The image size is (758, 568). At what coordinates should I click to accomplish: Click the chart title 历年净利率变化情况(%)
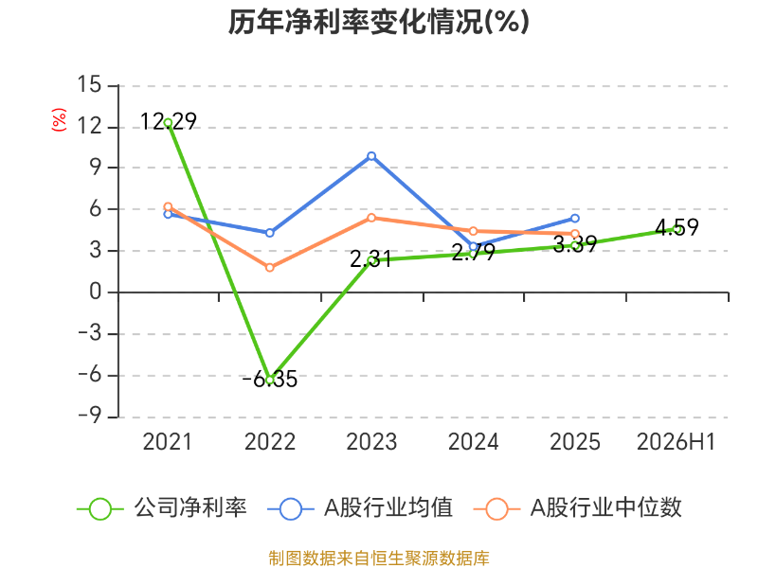coord(378,22)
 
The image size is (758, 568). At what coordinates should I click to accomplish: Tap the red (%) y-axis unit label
coord(59,120)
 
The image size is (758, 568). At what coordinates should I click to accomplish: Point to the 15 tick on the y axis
coord(89,84)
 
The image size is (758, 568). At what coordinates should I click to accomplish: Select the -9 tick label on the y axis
coord(90,416)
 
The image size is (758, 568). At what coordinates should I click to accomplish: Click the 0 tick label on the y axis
coord(96,292)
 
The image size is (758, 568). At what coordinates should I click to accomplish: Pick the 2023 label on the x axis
coord(371,442)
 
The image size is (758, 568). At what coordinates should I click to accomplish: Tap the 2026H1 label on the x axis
coord(676,442)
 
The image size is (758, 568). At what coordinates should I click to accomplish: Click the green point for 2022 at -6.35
coord(270,380)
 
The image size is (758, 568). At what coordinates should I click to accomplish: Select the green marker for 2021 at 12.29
coord(168,123)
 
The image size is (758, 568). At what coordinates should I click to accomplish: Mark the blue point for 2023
coord(371,156)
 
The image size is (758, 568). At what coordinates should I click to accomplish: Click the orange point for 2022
coord(270,267)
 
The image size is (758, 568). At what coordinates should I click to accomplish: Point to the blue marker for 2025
coord(575,219)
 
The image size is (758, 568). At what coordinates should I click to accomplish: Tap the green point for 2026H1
coord(678,230)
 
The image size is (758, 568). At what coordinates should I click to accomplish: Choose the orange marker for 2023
coord(371,218)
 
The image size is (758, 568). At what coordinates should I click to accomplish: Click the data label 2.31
coord(370,259)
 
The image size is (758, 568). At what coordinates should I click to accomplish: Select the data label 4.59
coord(677,227)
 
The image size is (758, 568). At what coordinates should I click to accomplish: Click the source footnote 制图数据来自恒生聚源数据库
coord(378,559)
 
